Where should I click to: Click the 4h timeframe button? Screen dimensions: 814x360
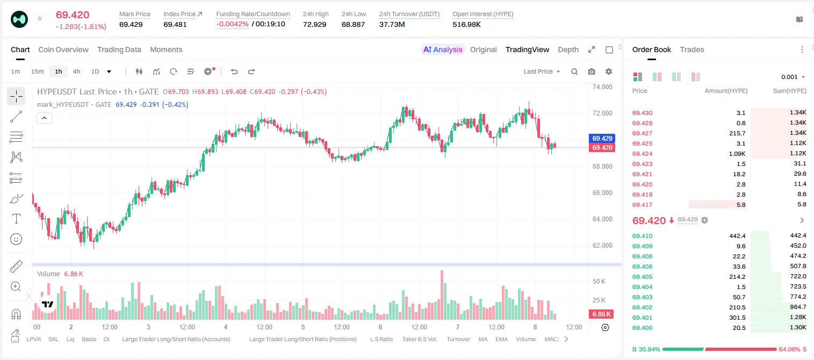click(76, 71)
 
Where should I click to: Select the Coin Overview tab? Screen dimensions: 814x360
click(63, 49)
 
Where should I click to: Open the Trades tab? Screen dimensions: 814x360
click(692, 49)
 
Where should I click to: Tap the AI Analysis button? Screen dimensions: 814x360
click(443, 49)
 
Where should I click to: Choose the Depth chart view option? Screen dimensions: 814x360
click(568, 49)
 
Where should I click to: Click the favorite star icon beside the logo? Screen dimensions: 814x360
click(40, 18)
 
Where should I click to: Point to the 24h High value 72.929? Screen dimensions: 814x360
click(315, 24)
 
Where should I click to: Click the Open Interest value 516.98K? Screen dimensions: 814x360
click(466, 24)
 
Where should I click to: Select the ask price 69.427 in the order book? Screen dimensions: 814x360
click(642, 133)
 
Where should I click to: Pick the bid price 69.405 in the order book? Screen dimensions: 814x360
click(642, 277)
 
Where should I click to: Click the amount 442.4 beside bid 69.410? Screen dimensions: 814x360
click(737, 236)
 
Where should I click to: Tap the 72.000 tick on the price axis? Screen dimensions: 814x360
click(602, 113)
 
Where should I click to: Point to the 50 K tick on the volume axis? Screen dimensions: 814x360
click(599, 282)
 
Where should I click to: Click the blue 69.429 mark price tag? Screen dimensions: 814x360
click(602, 139)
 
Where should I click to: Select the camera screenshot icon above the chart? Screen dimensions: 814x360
click(592, 71)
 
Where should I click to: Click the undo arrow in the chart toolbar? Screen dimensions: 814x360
click(234, 71)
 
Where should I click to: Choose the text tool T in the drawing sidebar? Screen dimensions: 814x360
click(16, 219)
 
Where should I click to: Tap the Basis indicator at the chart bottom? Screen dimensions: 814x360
click(89, 339)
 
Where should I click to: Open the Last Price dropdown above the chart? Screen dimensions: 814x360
click(542, 71)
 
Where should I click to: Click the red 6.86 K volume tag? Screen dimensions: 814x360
click(601, 314)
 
